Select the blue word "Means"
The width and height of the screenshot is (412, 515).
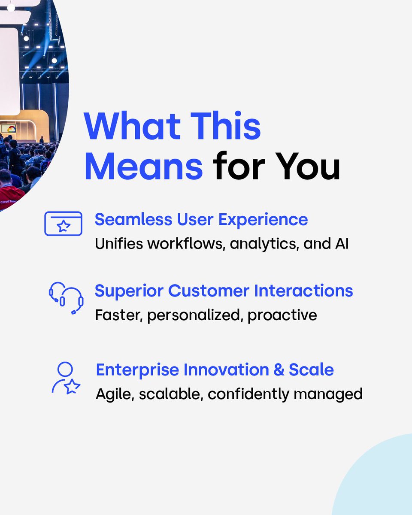point(143,166)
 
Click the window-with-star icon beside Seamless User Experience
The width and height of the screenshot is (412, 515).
point(63,224)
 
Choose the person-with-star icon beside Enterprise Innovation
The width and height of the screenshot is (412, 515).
point(66,378)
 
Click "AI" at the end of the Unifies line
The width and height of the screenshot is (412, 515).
point(339,244)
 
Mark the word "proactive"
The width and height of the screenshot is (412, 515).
point(282,315)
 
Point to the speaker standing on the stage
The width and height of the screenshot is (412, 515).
point(42,140)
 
